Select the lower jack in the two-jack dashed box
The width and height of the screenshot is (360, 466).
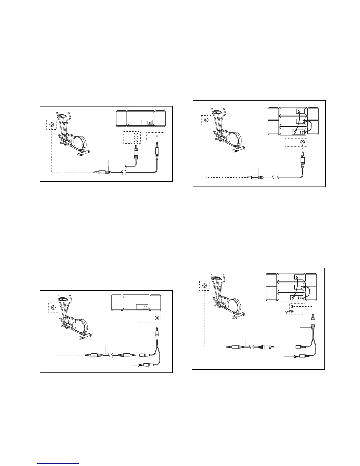click(136, 140)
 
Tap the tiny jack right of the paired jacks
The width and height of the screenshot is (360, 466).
click(157, 136)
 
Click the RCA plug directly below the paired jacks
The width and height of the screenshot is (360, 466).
click(136, 154)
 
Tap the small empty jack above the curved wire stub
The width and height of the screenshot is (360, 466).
click(292, 306)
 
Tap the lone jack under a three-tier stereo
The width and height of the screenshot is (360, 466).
click(303, 142)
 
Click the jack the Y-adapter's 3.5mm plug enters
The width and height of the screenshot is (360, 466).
click(157, 318)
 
